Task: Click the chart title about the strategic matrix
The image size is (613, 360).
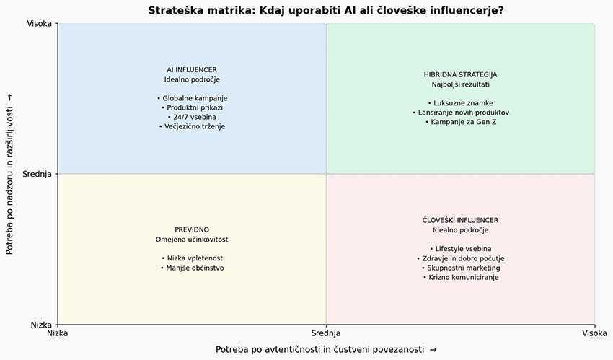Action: click(326, 10)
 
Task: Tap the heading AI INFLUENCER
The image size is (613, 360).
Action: click(192, 69)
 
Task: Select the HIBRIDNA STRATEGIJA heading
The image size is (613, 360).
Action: click(461, 74)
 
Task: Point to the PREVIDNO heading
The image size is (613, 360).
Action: click(192, 229)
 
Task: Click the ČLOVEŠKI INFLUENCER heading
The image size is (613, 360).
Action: click(460, 220)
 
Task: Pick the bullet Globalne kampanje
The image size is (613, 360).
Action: click(192, 98)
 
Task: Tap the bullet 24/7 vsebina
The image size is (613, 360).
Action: click(192, 117)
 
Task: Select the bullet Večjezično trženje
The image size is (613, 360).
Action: click(192, 126)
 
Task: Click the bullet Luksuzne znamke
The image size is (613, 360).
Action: click(461, 103)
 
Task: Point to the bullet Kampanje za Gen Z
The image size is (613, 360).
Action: click(461, 122)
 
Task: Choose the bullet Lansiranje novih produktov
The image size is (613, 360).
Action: click(461, 113)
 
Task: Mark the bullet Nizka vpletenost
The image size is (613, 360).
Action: click(192, 258)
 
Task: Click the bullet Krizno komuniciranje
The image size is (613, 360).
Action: click(461, 277)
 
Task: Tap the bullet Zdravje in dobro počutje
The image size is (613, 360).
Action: click(460, 258)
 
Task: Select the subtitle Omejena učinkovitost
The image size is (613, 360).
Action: click(192, 240)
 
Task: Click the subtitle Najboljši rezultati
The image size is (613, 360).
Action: click(461, 84)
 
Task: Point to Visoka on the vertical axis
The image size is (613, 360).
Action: click(39, 24)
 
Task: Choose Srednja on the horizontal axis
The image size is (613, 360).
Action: click(326, 333)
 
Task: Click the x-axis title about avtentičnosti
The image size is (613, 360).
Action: click(326, 349)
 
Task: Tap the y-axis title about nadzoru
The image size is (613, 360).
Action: click(9, 174)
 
